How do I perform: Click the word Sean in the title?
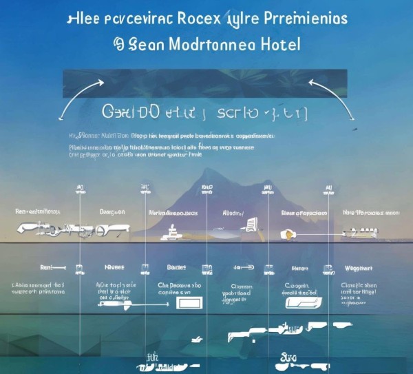(x=143, y=44)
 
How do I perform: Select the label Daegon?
(x=111, y=212)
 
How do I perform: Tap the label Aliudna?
(x=233, y=214)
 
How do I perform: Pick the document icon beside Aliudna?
(x=251, y=224)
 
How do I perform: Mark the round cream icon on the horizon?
(x=288, y=235)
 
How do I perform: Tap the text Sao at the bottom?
(x=289, y=357)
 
